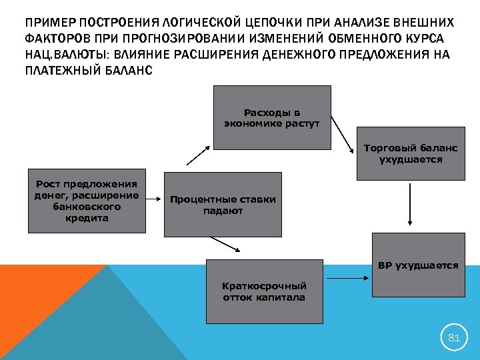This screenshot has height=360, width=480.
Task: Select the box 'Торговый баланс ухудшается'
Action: [x=410, y=153]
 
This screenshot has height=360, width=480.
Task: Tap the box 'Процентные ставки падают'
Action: [x=223, y=205]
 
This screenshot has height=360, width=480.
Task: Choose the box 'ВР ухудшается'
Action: [x=418, y=265]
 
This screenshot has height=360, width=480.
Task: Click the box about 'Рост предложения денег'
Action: [x=87, y=200]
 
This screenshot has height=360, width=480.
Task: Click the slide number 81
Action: [x=454, y=338]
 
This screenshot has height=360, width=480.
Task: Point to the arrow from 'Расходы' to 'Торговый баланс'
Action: [x=343, y=134]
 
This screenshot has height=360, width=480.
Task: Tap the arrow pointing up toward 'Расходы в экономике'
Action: [x=197, y=156]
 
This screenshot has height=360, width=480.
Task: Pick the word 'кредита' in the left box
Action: [x=87, y=219]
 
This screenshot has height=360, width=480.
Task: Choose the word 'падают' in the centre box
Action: [x=223, y=211]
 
